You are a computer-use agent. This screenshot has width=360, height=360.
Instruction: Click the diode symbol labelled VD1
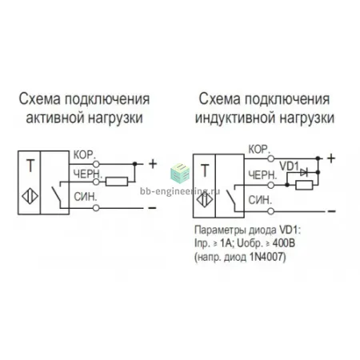click(304, 173)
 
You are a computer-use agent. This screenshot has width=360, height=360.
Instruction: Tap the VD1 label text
click(289, 166)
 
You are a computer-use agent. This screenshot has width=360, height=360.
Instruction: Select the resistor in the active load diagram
click(117, 182)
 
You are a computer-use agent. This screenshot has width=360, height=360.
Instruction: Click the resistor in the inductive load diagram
click(304, 185)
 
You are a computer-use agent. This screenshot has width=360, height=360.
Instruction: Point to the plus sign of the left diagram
click(153, 164)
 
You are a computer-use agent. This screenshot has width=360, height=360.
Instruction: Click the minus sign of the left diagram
click(152, 208)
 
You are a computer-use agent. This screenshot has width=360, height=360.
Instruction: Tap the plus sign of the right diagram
click(331, 158)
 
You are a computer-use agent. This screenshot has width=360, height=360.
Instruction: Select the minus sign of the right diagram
click(331, 211)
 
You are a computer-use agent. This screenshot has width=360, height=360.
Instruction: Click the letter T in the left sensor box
click(30, 166)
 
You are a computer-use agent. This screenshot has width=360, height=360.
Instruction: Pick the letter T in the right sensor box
click(205, 170)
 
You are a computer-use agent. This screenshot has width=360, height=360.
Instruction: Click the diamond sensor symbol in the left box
click(30, 196)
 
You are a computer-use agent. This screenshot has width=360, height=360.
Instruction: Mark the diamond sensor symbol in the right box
click(205, 200)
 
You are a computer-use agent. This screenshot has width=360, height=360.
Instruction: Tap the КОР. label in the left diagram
click(84, 154)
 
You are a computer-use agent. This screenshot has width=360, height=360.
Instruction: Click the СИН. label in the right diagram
click(260, 200)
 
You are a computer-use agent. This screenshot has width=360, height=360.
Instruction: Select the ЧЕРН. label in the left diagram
click(88, 174)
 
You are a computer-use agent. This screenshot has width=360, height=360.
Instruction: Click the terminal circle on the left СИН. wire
click(96, 208)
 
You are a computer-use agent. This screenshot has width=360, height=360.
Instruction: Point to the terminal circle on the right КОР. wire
click(271, 158)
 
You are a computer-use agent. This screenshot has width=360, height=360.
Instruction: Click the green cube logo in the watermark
click(180, 174)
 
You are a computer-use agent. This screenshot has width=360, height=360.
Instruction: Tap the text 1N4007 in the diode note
click(266, 257)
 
